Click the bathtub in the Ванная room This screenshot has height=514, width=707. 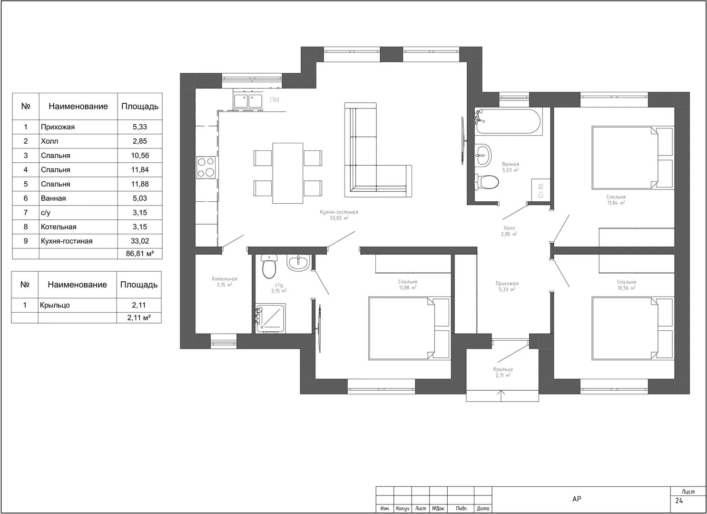point(508,121)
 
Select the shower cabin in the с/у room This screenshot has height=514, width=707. point(271,318)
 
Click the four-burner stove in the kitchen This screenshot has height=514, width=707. point(206,168)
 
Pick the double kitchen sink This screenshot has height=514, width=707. point(248,100)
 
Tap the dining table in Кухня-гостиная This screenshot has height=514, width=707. point(287,173)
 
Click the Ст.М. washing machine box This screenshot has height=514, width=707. point(540,189)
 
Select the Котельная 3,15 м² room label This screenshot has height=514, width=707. point(225,282)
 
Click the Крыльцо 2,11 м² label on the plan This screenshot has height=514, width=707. point(503,372)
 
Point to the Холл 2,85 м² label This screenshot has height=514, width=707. point(509,231)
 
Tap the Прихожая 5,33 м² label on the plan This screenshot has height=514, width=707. point(507,287)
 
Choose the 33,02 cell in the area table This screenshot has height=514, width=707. point(140,241)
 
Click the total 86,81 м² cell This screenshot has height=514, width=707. point(140,254)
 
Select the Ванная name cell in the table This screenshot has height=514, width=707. point(79,198)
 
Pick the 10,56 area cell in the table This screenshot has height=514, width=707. point(140,155)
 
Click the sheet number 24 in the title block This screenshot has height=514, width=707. point(679,501)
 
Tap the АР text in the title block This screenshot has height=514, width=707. point(577,499)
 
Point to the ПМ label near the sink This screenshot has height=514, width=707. point(274,100)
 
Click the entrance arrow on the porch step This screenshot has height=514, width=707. point(501,396)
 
